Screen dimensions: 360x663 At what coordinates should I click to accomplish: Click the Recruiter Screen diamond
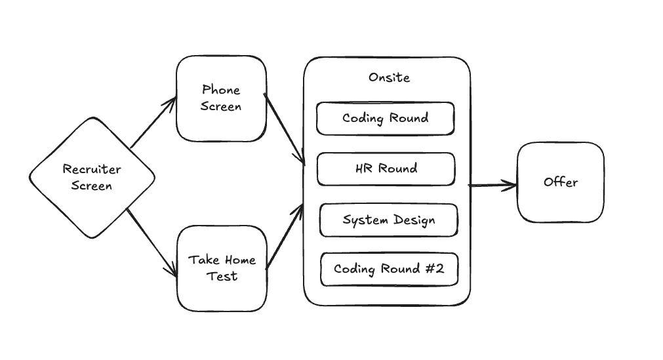92,177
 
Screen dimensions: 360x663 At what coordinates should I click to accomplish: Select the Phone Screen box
221,98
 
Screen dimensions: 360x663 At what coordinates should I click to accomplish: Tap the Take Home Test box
222,268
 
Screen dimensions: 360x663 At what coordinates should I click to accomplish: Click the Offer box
560,182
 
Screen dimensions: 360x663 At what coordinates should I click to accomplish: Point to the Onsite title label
389,77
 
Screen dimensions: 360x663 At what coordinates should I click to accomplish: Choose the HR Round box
386,169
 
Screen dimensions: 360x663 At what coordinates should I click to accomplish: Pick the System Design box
388,220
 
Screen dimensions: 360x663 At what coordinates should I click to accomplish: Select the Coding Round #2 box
388,269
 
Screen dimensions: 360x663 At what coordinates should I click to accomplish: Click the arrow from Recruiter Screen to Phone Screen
153,123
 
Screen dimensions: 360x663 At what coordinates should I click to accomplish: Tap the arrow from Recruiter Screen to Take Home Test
151,243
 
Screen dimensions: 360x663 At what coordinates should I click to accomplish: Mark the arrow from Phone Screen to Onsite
285,129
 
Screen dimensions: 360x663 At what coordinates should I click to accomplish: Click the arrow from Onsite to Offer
492,186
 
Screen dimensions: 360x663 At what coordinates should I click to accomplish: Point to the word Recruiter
92,169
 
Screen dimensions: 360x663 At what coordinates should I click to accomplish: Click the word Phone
221,90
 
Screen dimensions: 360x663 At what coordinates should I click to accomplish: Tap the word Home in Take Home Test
239,260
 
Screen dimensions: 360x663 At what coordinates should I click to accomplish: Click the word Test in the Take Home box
222,276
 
